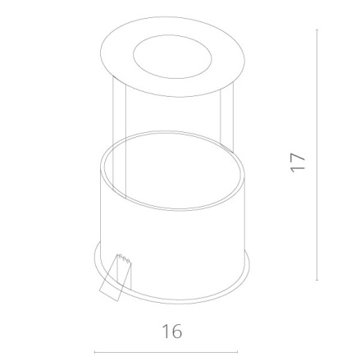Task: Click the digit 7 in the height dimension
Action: (x=298, y=155)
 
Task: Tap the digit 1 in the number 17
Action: (x=298, y=168)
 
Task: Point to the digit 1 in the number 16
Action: (x=164, y=331)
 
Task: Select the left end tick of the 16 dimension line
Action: (x=94, y=354)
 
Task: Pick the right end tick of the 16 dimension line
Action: (x=238, y=354)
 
